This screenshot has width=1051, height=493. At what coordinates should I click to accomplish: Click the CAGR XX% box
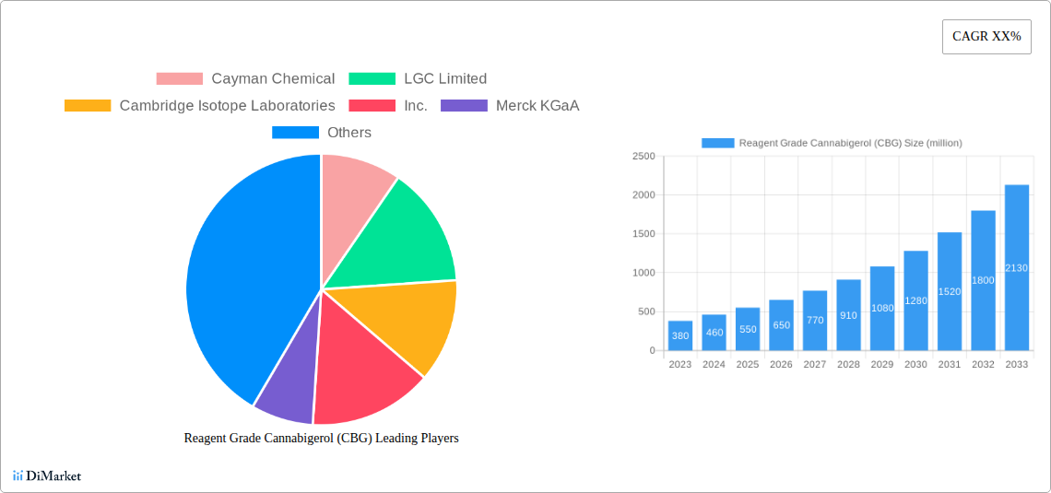[986, 37]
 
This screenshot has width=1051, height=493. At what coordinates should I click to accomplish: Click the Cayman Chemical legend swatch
[179, 79]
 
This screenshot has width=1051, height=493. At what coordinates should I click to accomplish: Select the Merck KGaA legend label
[537, 106]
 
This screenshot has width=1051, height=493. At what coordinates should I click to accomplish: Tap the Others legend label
[349, 133]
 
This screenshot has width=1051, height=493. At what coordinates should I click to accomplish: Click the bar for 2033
[1017, 267]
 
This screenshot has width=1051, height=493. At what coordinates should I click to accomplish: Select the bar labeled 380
[680, 335]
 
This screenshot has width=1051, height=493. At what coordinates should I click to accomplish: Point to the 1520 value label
[950, 291]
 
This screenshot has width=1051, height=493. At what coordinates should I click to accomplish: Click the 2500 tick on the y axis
[644, 157]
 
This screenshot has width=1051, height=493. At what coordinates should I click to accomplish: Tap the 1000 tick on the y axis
[644, 273]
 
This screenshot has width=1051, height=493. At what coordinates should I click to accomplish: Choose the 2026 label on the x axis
[781, 365]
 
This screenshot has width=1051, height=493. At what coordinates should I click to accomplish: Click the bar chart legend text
[850, 143]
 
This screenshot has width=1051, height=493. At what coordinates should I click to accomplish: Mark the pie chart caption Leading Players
[321, 439]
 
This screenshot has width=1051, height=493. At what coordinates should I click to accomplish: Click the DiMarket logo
[47, 475]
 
